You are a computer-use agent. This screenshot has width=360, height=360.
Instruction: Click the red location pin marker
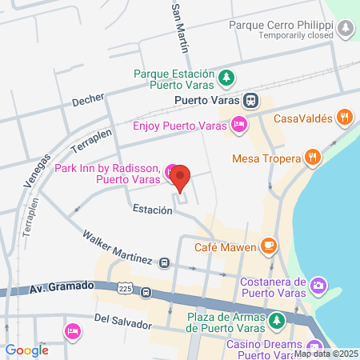[181, 177]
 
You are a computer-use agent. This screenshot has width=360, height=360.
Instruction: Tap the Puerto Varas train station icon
[251, 100]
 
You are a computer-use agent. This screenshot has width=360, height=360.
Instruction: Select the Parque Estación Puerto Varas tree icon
[227, 78]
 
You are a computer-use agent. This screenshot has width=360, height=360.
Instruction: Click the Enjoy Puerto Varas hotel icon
[238, 124]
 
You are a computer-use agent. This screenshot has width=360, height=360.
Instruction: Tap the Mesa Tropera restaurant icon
[313, 157]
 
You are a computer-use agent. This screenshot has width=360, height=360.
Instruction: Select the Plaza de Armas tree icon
[276, 321]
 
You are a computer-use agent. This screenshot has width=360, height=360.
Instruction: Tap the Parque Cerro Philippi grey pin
[345, 29]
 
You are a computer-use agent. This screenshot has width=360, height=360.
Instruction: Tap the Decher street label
[88, 101]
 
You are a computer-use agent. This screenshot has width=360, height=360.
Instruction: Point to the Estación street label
[153, 210]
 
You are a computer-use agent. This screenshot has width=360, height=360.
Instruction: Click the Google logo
[26, 350]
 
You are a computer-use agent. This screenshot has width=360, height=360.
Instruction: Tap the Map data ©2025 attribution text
[326, 354]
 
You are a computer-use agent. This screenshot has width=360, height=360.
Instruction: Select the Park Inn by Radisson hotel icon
[170, 172]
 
